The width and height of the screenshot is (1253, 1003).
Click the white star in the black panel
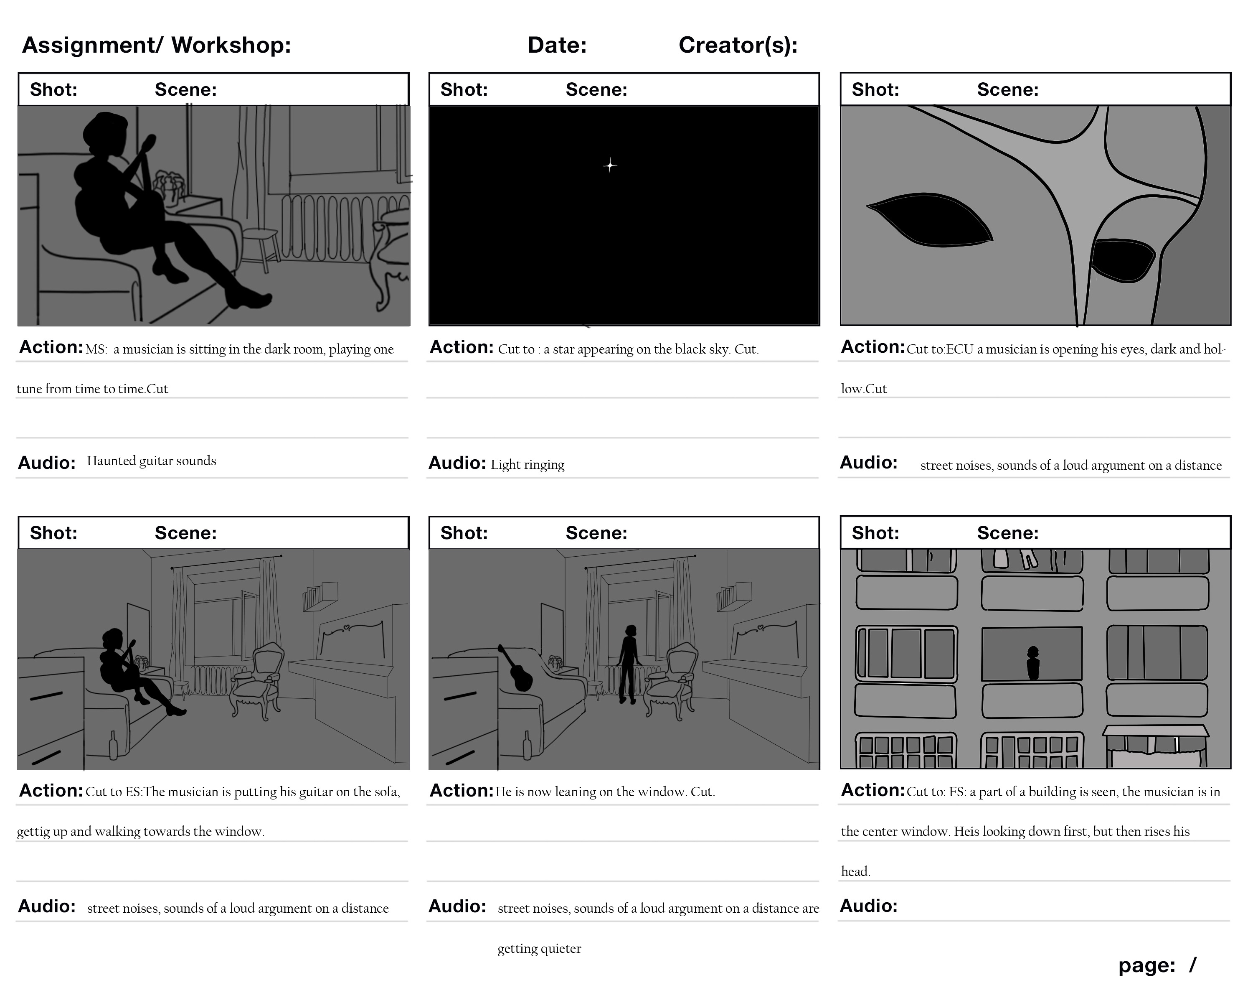610,166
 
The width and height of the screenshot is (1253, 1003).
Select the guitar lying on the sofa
517,670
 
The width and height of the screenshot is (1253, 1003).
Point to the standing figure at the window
628,663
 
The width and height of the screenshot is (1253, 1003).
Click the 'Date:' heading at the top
557,46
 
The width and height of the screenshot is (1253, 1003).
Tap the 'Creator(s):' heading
738,46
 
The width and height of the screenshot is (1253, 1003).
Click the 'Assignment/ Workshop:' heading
156,46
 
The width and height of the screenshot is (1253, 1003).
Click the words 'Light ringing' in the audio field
527,465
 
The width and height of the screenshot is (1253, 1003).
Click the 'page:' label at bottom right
1146,965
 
